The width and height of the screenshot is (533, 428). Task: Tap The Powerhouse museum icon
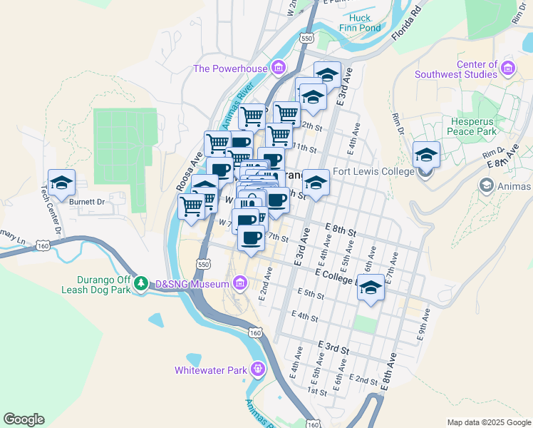coord(278,69)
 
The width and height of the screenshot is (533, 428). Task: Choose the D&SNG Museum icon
coord(240,284)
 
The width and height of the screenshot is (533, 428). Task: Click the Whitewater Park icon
coord(257,370)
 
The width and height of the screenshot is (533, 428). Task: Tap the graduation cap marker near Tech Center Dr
coord(61,183)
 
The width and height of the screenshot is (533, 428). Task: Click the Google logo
coord(24,419)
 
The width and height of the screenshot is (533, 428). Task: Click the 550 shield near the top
coord(307,37)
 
